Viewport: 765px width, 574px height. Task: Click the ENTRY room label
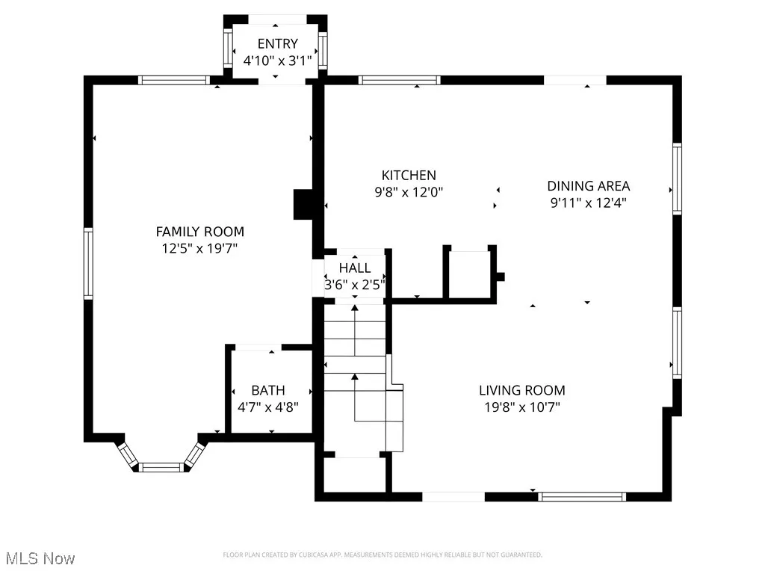coord(277,43)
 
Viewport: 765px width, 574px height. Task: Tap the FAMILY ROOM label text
coord(199,232)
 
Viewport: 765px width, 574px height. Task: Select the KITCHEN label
coord(409,175)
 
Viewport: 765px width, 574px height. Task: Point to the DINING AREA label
coord(589,186)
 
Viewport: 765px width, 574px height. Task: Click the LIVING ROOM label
coord(521,390)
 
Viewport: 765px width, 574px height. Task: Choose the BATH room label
coord(267,390)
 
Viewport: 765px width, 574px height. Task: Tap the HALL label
coord(354,268)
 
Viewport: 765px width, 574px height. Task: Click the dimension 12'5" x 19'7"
coord(199,248)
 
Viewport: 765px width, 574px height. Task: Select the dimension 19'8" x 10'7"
coord(521,407)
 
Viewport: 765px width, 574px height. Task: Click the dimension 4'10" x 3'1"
coord(277,60)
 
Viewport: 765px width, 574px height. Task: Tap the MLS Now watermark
coord(40,558)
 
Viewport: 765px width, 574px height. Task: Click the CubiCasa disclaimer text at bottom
coord(382,555)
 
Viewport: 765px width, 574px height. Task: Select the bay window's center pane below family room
coord(161,467)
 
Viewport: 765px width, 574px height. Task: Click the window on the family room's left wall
coord(88,264)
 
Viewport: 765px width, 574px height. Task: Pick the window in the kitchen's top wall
coord(399,80)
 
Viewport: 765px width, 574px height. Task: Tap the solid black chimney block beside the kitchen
coord(303,205)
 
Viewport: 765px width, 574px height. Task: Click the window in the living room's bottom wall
coord(582,496)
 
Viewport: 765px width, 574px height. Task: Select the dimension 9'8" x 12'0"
coord(409,192)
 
